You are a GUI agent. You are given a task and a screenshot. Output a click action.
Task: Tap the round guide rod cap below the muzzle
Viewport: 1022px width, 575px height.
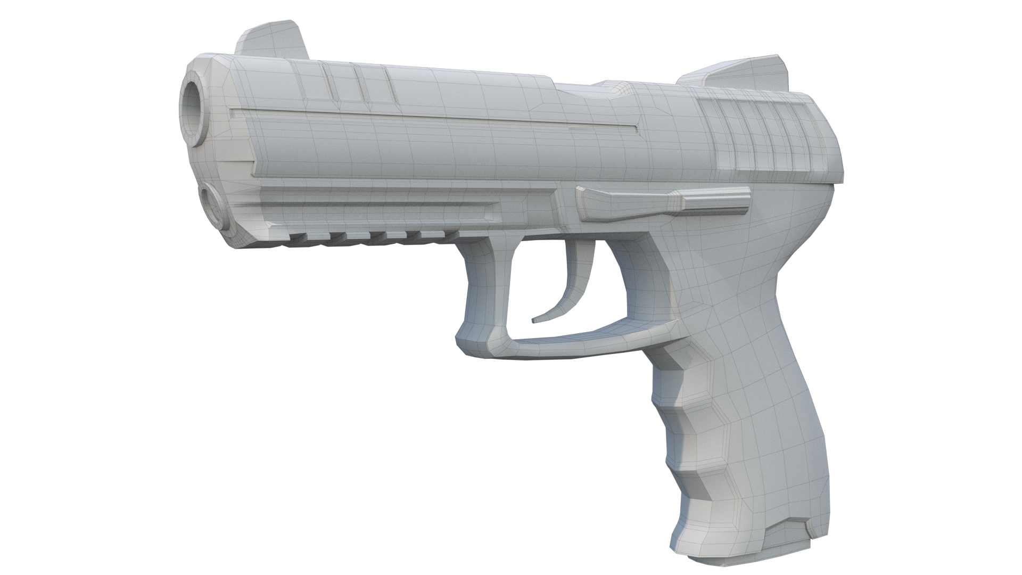215,206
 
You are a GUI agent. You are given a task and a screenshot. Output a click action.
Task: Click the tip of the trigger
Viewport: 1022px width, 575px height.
533,321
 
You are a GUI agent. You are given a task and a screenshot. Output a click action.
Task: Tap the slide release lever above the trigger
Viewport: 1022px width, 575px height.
660,202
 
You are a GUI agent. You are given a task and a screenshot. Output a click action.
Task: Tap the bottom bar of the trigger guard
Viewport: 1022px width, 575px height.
575,341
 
